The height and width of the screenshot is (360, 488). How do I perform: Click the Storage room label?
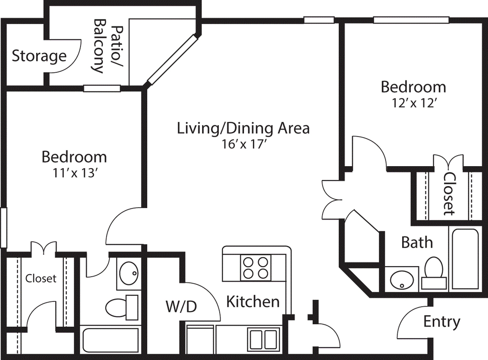coord(39,56)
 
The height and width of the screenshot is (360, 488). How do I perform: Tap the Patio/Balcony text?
coord(109,46)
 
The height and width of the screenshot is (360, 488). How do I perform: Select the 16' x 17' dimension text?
coord(243,144)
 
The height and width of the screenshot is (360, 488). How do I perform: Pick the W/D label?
coord(182,307)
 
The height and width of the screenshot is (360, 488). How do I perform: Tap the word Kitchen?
coord(253,301)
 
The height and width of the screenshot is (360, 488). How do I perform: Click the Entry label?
coord(442,322)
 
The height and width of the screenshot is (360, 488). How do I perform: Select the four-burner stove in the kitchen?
coord(255,267)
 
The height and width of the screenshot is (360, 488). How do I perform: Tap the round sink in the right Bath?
coord(401,279)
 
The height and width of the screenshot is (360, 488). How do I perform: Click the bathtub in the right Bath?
coord(465,259)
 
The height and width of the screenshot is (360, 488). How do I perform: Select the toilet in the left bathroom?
coord(122,308)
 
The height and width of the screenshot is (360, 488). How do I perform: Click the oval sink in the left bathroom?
coord(129,273)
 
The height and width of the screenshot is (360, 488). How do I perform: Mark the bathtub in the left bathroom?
coord(111,341)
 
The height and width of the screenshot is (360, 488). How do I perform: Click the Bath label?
coord(417,242)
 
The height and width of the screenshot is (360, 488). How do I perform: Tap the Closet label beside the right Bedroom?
coord(449,194)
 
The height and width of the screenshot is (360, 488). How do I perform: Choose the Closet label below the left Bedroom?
coord(41,278)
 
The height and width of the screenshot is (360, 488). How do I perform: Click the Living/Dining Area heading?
coord(243,128)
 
